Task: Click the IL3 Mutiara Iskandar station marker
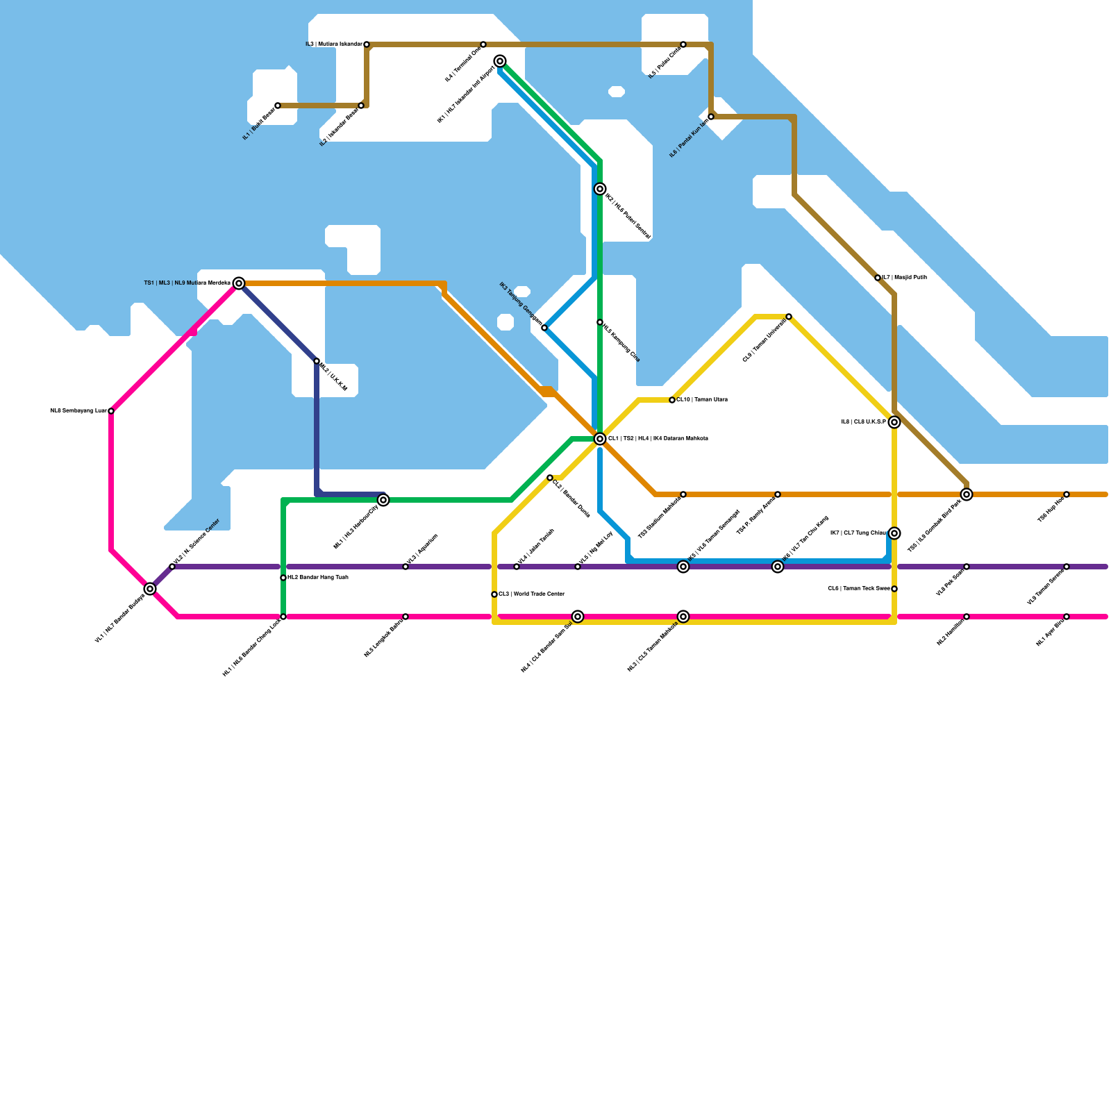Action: (367, 44)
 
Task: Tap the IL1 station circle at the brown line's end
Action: (278, 106)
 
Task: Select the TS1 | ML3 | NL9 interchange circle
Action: (239, 283)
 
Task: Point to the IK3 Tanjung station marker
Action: (544, 328)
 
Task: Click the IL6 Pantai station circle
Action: (711, 117)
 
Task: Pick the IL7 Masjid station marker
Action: (878, 278)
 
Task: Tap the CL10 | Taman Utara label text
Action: (702, 400)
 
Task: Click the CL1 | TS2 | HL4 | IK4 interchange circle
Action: (600, 439)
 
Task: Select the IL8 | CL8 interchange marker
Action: (894, 422)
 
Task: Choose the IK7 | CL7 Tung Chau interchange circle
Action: (894, 533)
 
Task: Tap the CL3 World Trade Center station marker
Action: (494, 594)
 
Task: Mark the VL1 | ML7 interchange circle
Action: (150, 589)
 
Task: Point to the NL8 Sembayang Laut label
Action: (78, 411)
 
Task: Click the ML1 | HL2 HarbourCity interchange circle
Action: (383, 500)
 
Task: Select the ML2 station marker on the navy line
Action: (317, 361)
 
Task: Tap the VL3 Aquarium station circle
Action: (406, 567)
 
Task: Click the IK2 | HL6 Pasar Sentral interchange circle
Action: (600, 189)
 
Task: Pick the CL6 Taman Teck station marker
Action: (894, 589)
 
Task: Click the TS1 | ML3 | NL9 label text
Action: (187, 283)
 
